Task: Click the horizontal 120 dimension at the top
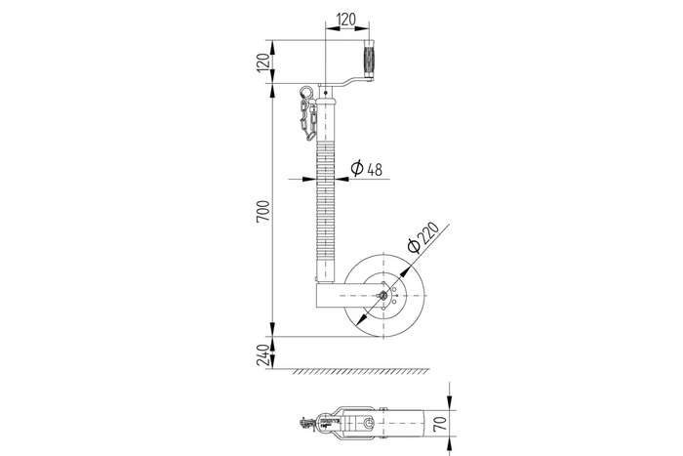(346, 19)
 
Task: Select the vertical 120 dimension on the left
(261, 64)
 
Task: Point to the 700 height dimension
(261, 214)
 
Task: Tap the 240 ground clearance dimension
(261, 352)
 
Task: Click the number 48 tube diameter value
(374, 169)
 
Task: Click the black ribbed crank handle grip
(371, 61)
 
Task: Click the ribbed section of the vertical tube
(324, 195)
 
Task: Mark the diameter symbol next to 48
(356, 169)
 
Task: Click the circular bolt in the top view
(369, 424)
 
